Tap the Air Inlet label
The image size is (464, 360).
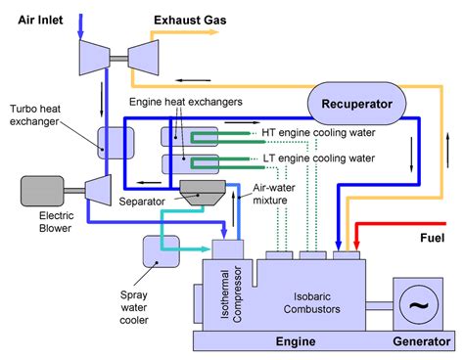coord(38,17)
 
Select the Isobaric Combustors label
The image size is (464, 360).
coord(314,299)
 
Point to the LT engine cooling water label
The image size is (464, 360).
coord(318,157)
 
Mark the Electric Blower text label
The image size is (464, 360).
coord(39,227)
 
